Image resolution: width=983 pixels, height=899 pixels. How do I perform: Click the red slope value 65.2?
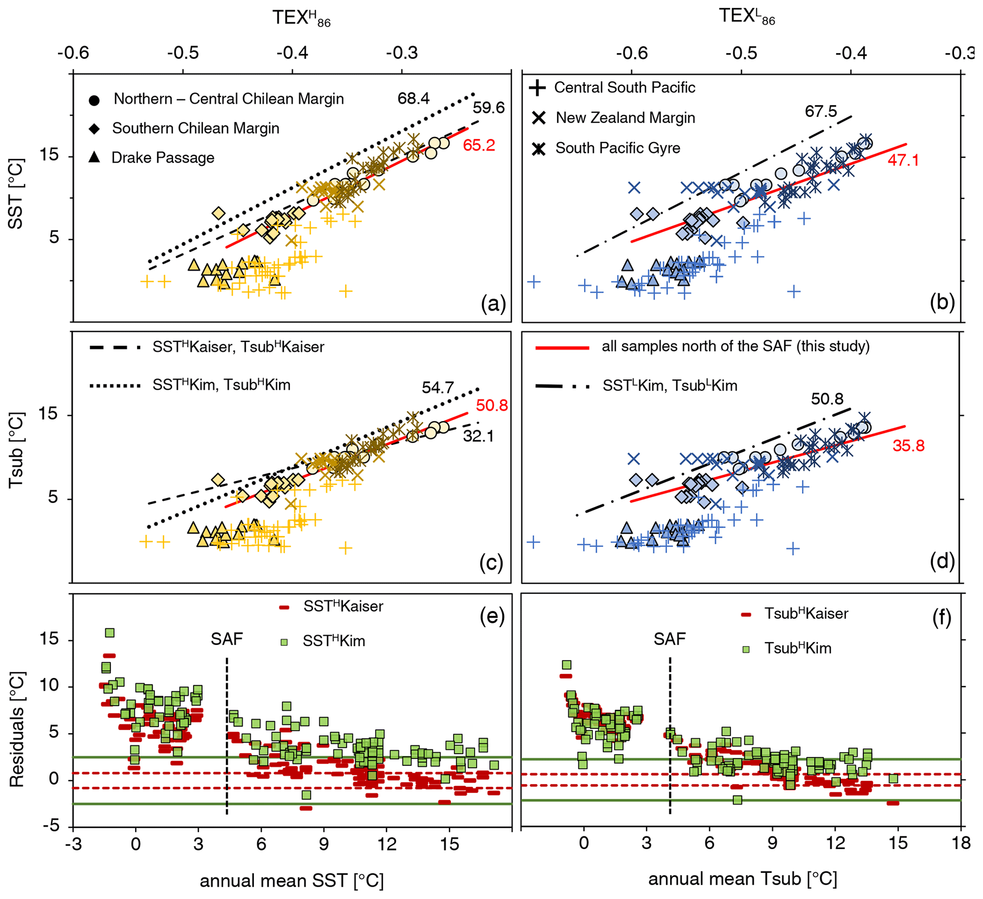(x=479, y=145)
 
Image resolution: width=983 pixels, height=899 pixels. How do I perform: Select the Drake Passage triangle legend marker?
(x=95, y=157)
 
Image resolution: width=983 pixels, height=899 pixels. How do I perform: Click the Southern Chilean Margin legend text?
(x=195, y=128)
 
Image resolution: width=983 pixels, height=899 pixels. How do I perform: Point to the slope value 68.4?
(x=413, y=98)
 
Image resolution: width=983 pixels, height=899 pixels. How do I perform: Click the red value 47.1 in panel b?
(x=903, y=160)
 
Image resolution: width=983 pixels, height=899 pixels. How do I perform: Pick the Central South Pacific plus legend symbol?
(x=537, y=88)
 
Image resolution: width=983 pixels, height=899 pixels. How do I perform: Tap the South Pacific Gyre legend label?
(x=617, y=148)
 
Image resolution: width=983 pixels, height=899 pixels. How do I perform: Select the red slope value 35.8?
(x=908, y=445)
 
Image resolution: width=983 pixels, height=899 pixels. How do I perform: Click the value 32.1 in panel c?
(x=478, y=436)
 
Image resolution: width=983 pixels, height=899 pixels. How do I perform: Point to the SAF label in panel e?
(x=227, y=639)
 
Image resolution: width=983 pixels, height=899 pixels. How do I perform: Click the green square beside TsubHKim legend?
(x=746, y=649)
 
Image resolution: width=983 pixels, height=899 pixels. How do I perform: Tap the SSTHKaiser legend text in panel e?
(x=343, y=607)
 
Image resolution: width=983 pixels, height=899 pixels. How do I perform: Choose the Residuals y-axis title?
(x=18, y=730)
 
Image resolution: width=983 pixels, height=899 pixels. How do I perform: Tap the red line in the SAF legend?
(x=562, y=348)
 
